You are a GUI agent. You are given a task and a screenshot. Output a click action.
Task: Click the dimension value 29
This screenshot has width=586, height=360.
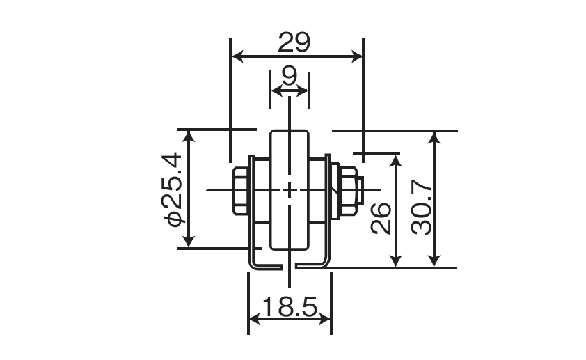pos(294,42)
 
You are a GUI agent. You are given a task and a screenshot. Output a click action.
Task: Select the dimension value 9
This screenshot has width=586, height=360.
pos(290,76)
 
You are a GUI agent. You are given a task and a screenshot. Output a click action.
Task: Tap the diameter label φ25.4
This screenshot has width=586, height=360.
pos(172,189)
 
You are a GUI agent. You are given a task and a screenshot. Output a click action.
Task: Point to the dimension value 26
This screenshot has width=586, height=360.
pos(381,219)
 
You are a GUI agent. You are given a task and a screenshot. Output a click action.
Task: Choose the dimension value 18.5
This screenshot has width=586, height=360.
pos(290,307)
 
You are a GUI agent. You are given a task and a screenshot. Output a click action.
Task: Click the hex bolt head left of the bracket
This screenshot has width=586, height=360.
pos(240,191)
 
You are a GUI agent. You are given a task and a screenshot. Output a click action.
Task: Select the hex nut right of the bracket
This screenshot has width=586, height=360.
pos(347,191)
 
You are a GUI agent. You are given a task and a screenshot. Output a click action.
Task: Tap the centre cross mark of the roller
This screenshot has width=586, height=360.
pos(290,190)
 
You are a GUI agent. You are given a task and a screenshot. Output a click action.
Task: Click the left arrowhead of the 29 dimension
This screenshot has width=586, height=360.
pos(238,57)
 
